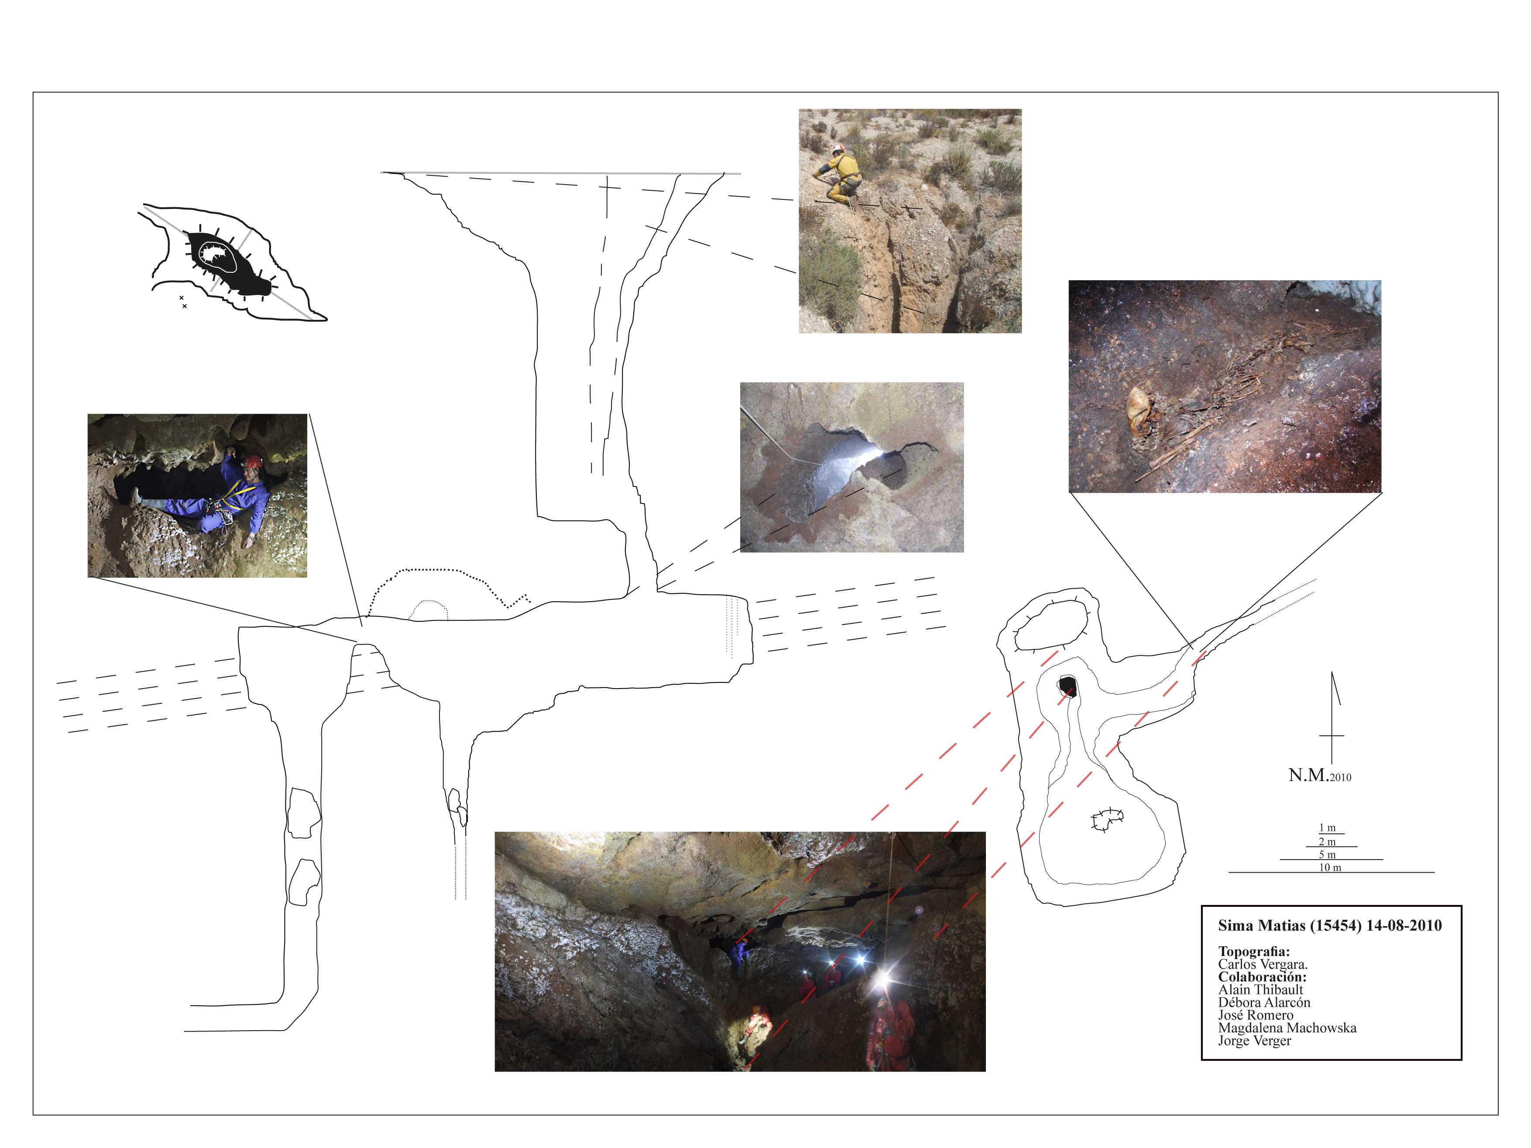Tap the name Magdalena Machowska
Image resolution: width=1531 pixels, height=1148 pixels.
pyautogui.click(x=1287, y=1028)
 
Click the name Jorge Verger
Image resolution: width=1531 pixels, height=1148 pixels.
pyautogui.click(x=1255, y=1041)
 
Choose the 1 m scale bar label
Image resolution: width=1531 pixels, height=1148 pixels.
pyautogui.click(x=1327, y=828)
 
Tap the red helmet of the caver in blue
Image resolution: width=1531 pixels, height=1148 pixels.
pyautogui.click(x=255, y=462)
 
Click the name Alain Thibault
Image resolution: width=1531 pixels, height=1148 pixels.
pyautogui.click(x=1260, y=990)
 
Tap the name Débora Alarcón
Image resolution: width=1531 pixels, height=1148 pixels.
pyautogui.click(x=1264, y=1002)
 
